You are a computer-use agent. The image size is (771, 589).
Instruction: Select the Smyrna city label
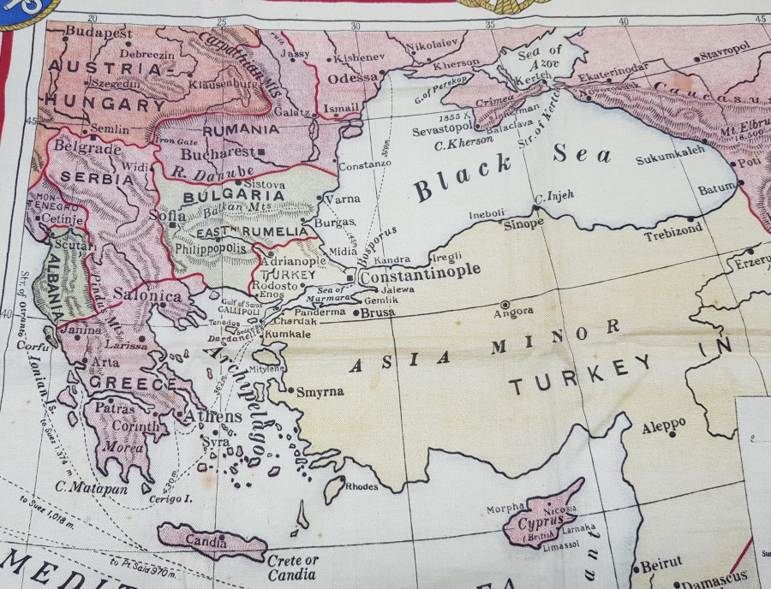(320, 392)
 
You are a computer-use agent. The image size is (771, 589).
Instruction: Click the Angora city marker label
(512, 314)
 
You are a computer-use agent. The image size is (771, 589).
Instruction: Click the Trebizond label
(673, 229)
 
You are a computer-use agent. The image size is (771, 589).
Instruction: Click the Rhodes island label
(361, 486)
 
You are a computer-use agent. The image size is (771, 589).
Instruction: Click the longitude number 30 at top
(356, 24)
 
